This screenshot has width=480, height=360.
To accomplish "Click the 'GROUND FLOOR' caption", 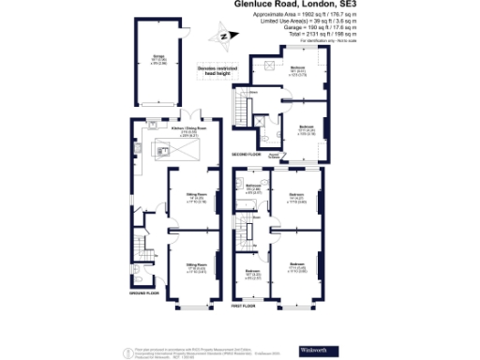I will click(x=144, y=293).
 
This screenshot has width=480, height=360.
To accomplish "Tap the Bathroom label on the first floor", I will click(x=252, y=187).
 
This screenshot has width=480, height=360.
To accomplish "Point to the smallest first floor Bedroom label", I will click(x=252, y=274).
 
